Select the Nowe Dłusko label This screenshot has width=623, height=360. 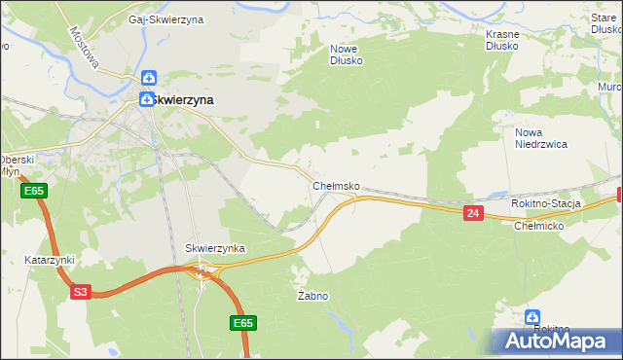pyautogui.click(x=346, y=54)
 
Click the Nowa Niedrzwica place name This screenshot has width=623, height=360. pyautogui.click(x=540, y=137)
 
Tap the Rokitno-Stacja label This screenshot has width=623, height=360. pyautogui.click(x=545, y=203)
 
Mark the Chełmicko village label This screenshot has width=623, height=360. pyautogui.click(x=538, y=225)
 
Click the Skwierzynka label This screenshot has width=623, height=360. pyautogui.click(x=215, y=249)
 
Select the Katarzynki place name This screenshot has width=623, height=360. pyautogui.click(x=50, y=261)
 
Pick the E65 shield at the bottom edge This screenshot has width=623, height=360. pyautogui.click(x=243, y=322)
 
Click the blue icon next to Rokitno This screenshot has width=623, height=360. pyautogui.click(x=532, y=316)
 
